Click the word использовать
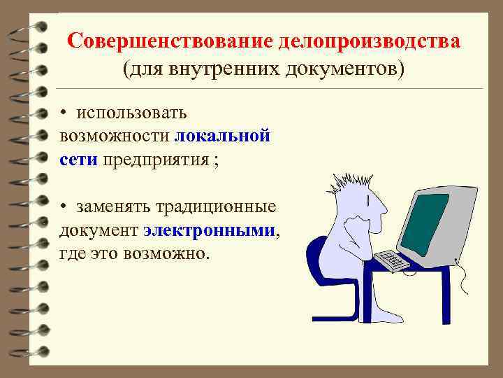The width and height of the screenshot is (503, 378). pyautogui.click(x=131, y=113)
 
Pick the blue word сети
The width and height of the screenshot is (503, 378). pyautogui.click(x=79, y=159)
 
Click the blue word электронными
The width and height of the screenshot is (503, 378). pyautogui.click(x=210, y=230)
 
